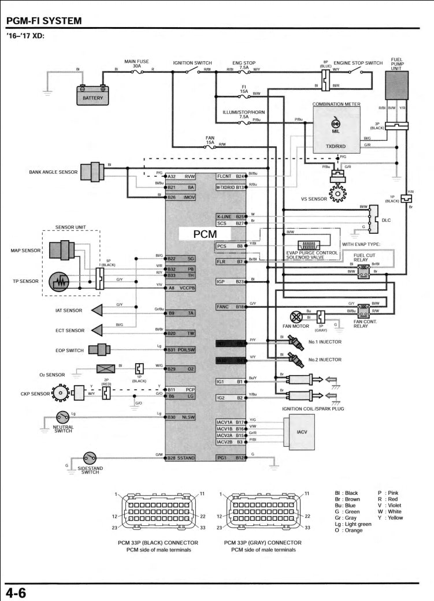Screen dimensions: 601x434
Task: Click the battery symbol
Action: pos(92,95)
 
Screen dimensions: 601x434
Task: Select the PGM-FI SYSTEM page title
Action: pos(43,21)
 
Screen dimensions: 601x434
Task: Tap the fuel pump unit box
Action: pos(396,92)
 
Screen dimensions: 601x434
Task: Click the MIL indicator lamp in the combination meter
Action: pos(335,123)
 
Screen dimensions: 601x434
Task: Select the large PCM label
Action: pos(205,234)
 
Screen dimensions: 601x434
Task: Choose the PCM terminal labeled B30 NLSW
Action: pos(181,417)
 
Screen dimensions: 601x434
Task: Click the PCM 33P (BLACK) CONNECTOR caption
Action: pos(158,543)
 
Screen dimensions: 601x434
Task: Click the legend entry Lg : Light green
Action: pos(353,524)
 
